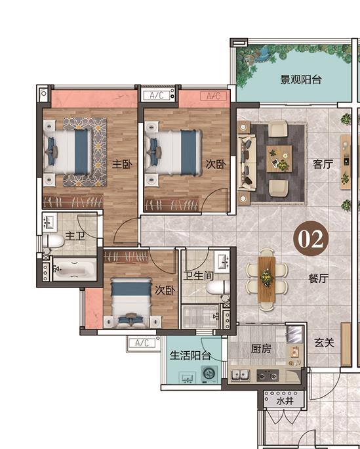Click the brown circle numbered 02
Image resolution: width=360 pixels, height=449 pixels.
311,238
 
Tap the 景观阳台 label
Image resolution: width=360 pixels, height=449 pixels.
301,79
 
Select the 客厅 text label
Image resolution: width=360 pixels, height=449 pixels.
323,164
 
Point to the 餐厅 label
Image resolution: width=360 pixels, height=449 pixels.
319,278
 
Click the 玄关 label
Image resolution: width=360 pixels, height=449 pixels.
325,343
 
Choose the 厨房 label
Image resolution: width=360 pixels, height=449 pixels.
261,349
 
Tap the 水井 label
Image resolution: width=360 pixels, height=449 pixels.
285,401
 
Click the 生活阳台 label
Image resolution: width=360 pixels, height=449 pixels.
191,355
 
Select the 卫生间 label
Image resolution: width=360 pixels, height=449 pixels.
199,276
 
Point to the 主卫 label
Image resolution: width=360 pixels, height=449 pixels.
75,236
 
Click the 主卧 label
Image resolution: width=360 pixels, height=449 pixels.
122,164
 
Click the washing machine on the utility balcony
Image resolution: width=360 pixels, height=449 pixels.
210,374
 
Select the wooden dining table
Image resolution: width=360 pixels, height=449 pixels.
267,279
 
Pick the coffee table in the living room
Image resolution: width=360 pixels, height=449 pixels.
279,159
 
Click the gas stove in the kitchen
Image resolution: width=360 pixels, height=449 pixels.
268,375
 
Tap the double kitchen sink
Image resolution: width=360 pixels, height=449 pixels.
241,375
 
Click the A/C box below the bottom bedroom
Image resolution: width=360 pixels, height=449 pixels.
142,343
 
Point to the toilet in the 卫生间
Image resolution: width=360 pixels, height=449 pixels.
218,288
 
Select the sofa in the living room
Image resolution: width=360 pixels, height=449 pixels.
245,163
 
